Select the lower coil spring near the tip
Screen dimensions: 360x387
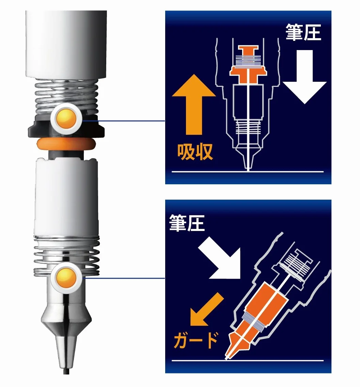coord(67,256)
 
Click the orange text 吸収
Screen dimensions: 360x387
coord(195,152)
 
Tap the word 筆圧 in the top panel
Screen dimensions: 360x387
coord(303,32)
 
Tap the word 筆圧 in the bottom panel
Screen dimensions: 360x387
coord(187,223)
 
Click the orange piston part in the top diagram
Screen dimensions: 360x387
coord(248,65)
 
